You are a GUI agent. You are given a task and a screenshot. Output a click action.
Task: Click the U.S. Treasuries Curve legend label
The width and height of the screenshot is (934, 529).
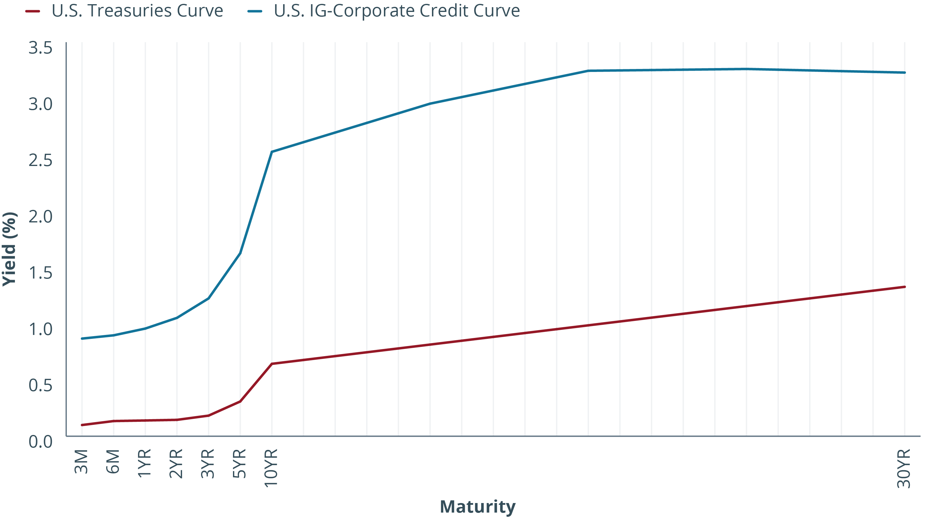137,11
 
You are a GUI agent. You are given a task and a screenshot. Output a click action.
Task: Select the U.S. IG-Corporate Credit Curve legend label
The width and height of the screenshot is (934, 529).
397,11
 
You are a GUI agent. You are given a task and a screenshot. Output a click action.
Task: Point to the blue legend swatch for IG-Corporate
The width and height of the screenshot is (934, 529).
255,11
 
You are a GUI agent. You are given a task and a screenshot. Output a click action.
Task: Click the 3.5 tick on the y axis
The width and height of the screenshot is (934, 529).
40,48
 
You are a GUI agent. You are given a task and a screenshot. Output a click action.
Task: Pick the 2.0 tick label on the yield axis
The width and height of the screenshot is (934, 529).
40,217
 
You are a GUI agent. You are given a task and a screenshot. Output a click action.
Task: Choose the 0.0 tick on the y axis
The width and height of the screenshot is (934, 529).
40,442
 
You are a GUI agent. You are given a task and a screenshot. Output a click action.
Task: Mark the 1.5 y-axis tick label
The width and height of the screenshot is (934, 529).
40,273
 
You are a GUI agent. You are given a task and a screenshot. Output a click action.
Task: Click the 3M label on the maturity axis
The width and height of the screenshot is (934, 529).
81,462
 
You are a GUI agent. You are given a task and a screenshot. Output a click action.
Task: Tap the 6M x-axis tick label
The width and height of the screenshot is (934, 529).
113,462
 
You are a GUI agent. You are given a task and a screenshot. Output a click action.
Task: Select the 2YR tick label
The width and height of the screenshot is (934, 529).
176,464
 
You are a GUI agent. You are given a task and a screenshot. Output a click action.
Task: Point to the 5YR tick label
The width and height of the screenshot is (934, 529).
240,464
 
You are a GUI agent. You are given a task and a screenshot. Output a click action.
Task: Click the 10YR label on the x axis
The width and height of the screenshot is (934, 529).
271,468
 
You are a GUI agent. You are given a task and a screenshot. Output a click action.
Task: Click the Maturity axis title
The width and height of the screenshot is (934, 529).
477,507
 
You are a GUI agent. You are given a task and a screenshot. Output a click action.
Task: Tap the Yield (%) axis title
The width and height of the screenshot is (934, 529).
10,249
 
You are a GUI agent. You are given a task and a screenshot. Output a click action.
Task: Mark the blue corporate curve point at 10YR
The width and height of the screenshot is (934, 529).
272,152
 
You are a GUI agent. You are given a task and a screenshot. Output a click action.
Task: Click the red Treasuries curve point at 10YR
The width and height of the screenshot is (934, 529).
272,364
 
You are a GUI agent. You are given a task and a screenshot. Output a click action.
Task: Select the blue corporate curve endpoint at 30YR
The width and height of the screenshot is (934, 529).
904,73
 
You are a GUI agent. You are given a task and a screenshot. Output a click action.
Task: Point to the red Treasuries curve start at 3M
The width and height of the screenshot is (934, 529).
82,425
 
